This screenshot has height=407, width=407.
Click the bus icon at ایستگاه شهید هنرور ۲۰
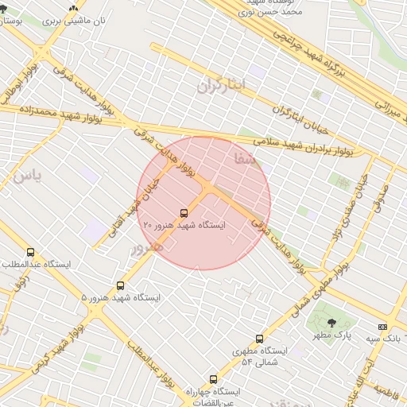[184, 213]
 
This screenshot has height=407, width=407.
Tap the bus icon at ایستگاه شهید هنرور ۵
[121, 285]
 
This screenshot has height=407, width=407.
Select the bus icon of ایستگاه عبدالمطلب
[31, 253]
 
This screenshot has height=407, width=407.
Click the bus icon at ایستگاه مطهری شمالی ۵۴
[259, 339]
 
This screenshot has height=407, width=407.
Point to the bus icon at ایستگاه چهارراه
[212, 379]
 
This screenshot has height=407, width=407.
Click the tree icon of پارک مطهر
[331, 322]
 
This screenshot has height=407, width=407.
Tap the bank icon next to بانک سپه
[382, 327]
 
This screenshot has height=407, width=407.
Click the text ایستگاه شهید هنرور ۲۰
[184, 226]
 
